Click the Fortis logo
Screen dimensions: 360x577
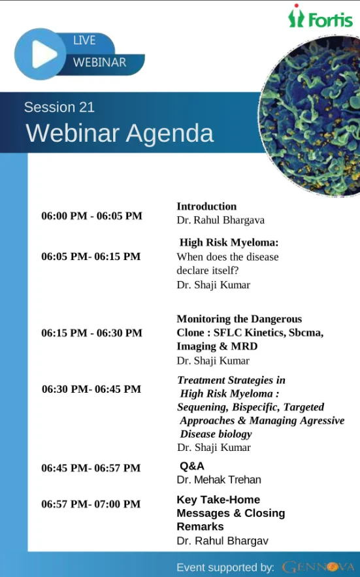[320, 17]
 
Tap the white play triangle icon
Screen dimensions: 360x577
[44, 54]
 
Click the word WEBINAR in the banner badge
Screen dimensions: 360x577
[99, 62]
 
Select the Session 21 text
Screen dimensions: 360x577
[59, 107]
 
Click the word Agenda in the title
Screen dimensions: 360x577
[170, 133]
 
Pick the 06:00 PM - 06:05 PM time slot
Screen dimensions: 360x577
[91, 216]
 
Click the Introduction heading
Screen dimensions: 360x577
[206, 206]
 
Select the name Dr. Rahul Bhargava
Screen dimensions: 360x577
[220, 220]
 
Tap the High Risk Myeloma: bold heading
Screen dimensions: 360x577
[229, 242]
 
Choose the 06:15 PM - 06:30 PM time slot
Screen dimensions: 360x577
[91, 333]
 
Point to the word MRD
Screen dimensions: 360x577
[244, 346]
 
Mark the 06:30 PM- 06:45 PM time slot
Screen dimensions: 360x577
[91, 389]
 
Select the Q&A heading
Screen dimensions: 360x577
[192, 466]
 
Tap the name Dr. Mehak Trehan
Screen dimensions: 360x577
[219, 480]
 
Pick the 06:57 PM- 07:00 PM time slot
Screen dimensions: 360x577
[91, 504]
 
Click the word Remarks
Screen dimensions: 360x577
[200, 527]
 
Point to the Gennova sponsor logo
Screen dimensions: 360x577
[318, 567]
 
